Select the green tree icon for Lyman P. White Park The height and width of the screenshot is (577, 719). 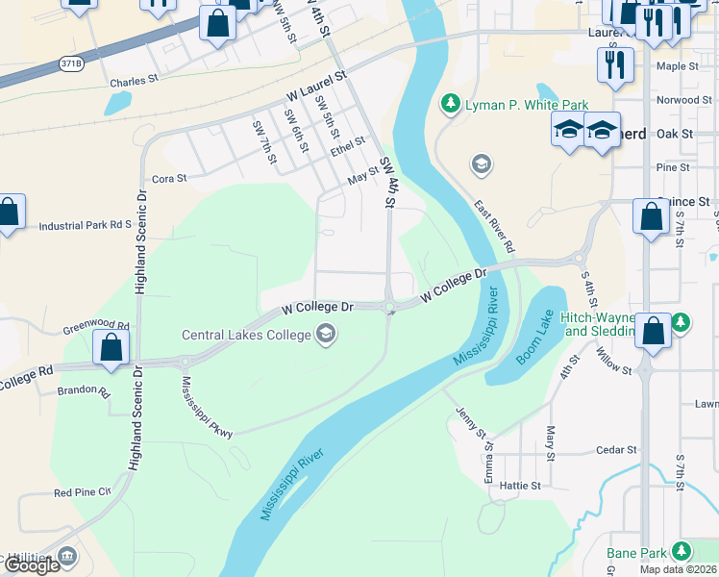449,103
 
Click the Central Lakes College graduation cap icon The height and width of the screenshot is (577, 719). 326,335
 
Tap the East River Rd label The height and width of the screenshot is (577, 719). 494,226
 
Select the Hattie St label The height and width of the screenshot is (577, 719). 521,487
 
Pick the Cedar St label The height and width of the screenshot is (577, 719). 616,449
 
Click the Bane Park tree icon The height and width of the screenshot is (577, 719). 682,551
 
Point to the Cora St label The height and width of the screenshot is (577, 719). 169,179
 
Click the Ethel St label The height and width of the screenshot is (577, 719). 347,146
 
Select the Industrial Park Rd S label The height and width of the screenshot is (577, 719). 85,226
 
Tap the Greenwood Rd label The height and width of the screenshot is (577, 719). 95,325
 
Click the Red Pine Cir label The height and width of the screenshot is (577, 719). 83,492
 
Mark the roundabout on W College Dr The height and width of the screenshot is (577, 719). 389,308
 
